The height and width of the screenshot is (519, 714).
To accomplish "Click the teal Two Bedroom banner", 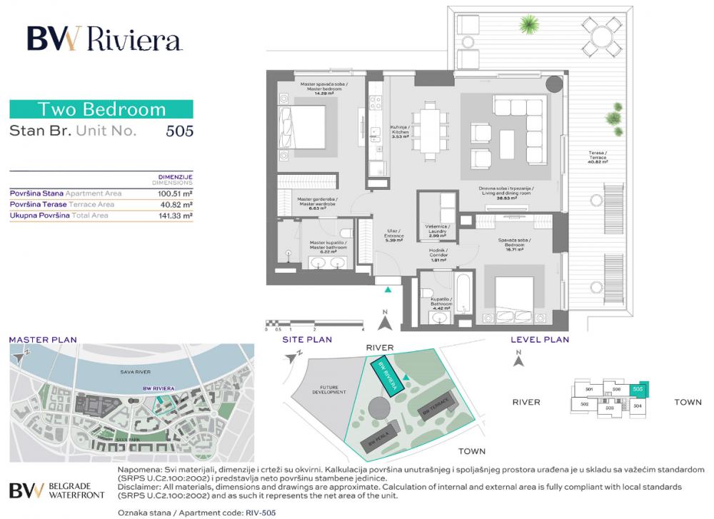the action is [101, 109].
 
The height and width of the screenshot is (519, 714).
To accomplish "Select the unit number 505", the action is [179, 131].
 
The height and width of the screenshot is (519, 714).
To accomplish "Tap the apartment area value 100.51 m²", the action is [176, 193].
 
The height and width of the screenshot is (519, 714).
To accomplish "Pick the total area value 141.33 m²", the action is [176, 215].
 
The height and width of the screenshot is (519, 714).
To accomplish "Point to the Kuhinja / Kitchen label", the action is [399, 131].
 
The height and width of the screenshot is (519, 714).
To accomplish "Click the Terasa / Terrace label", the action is [598, 158].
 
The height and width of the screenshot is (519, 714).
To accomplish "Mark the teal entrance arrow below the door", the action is [388, 290].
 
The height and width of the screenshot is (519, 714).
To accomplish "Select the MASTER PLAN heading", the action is [42, 340].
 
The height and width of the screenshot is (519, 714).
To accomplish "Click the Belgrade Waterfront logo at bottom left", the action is [57, 490].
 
